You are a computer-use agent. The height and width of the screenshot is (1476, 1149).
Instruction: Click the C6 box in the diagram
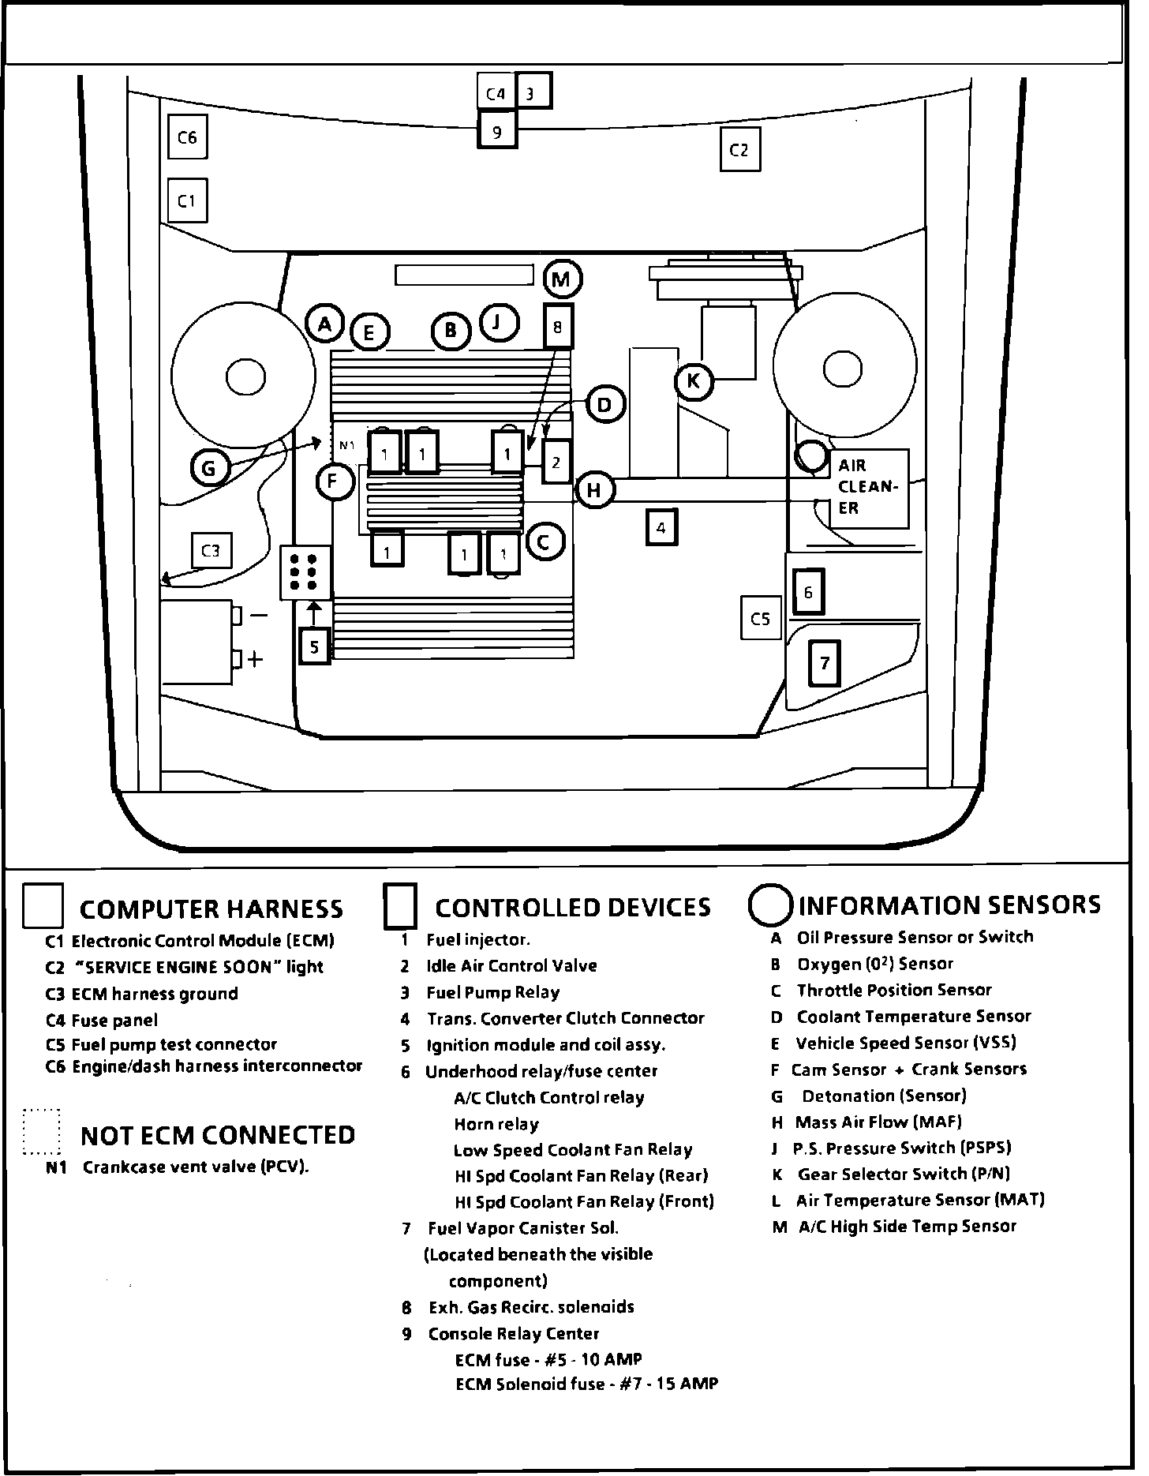[x=187, y=138]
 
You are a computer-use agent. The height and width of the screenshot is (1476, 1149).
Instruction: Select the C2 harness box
[x=739, y=150]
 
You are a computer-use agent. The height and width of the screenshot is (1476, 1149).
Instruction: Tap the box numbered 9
[x=497, y=132]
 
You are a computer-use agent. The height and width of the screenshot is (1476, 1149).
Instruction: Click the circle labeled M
[x=562, y=279]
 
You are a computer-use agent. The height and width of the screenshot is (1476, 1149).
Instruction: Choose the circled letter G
[x=209, y=469]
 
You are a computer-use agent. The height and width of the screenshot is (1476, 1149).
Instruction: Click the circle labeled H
[x=594, y=491]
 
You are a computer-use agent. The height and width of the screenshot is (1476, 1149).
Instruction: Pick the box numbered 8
[x=559, y=327]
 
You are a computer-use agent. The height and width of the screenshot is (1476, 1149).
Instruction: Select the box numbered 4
[x=661, y=527]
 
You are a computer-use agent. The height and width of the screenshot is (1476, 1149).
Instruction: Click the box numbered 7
[x=825, y=663]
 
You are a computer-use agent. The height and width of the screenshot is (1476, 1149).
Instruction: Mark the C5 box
[x=761, y=619]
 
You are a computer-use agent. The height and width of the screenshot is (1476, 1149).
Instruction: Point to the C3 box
[x=211, y=551]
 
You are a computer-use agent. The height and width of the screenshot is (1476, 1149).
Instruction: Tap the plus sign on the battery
[x=255, y=659]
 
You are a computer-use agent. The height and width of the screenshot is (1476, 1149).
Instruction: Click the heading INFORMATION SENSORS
[x=949, y=905]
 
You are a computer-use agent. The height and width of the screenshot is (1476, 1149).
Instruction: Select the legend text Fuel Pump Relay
[x=492, y=993]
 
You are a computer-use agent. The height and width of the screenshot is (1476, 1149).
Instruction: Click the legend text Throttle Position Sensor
[x=893, y=991]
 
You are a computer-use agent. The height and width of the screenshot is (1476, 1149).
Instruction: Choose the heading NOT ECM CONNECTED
[x=218, y=1135]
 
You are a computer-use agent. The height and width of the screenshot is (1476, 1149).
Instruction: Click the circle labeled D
[x=604, y=405]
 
